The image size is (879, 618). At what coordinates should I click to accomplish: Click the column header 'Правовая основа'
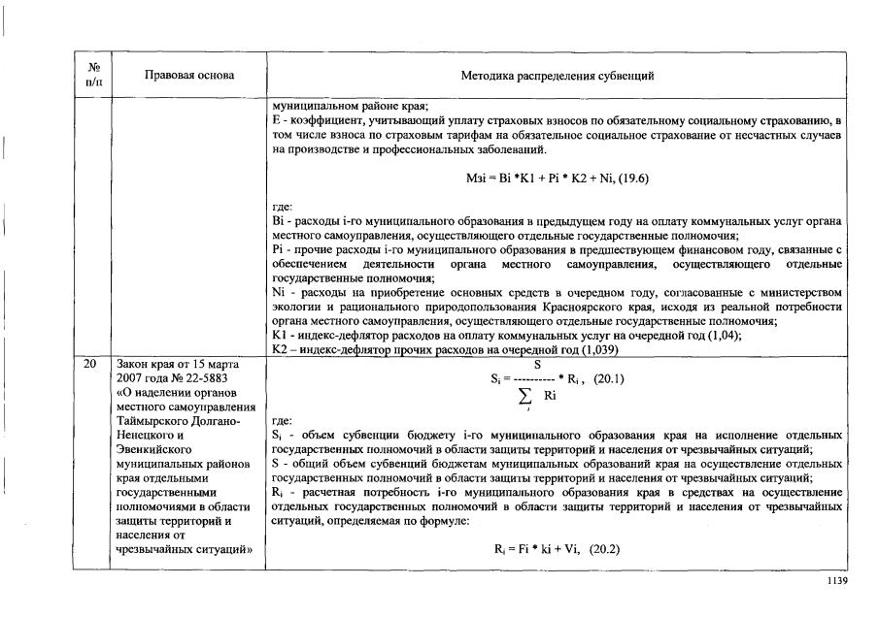189,76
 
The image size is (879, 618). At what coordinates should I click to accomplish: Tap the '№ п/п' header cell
94,76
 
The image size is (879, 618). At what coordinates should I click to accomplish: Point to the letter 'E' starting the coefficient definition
278,119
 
